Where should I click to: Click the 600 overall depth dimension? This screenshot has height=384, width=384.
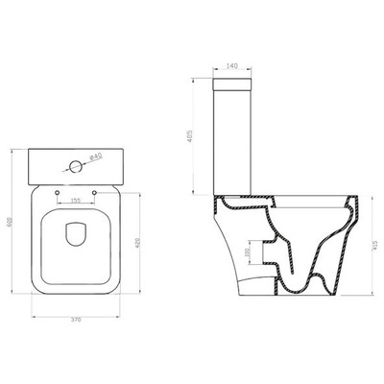(x=9, y=220)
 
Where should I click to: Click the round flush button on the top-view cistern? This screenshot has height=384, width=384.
(x=73, y=166)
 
